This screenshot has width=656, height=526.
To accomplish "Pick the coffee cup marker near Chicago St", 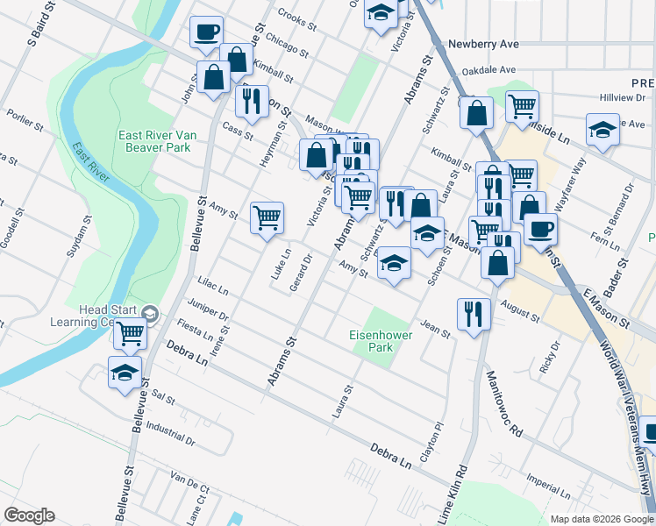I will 206,32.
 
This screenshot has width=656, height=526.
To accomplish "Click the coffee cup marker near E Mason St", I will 540,229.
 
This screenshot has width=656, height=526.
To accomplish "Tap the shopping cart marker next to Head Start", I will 130,333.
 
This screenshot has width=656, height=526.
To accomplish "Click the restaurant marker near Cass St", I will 252,100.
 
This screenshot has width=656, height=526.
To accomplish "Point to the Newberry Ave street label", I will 483,44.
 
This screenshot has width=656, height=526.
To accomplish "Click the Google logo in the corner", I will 29,515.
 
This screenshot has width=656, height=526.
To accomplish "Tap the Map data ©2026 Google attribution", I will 601,519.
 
